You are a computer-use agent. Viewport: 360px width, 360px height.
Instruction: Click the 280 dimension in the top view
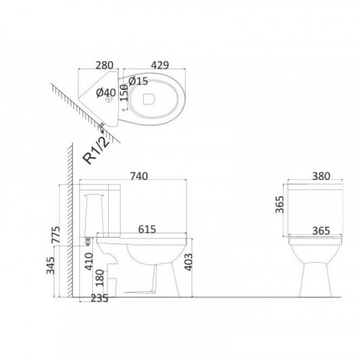click(x=104, y=66)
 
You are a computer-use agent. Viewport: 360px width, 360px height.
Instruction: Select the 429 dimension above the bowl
click(x=160, y=66)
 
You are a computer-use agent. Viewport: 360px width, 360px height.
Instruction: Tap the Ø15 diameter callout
click(x=138, y=81)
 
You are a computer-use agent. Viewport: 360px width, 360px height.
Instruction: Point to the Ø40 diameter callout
click(x=106, y=93)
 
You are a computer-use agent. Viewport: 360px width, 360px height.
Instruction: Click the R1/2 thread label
click(x=96, y=151)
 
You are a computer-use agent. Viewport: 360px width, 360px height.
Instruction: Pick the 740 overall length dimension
click(x=139, y=176)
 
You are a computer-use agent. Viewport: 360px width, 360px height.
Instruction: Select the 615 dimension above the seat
click(x=147, y=229)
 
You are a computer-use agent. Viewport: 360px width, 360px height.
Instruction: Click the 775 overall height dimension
click(x=56, y=235)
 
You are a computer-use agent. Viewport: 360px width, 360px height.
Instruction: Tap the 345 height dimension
click(x=50, y=266)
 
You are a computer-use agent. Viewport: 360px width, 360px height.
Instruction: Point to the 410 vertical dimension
click(x=89, y=261)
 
